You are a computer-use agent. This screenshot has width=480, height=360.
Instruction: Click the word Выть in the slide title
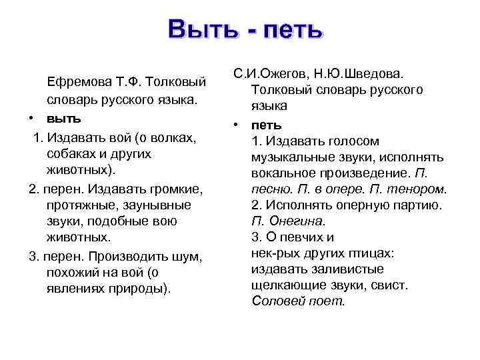(202, 29)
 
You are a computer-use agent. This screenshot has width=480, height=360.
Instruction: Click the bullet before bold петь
(236, 124)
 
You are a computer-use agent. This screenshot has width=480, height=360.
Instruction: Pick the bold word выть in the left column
(63, 119)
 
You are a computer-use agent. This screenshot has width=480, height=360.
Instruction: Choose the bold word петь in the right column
(267, 124)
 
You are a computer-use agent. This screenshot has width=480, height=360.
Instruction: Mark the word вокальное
(283, 173)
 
